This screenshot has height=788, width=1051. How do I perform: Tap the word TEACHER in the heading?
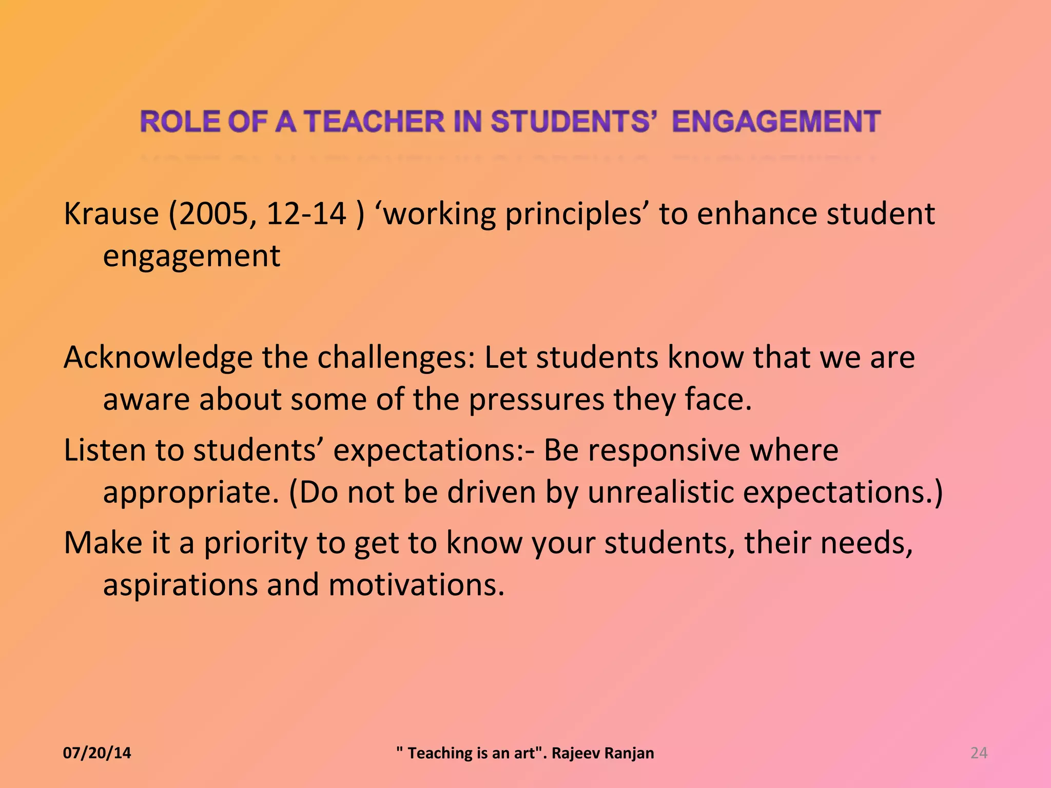point(375,122)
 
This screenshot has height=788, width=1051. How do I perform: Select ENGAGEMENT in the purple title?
point(776,122)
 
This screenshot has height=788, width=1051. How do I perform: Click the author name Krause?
point(111,214)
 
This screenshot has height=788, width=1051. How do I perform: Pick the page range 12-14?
point(306,214)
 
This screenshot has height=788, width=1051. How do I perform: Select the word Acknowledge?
point(158,358)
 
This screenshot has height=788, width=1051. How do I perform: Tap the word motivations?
point(416,585)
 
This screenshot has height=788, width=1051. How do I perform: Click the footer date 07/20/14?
point(97,753)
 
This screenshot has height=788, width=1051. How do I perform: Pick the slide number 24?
point(979,753)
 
